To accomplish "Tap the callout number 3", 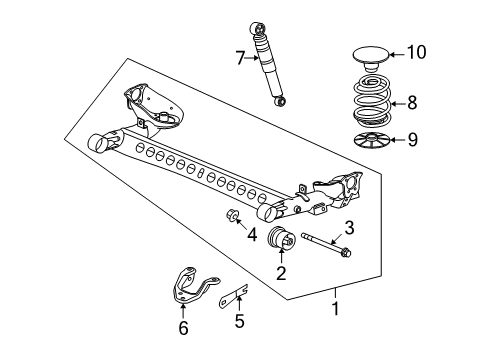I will (349, 227).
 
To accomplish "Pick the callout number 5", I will (238, 322).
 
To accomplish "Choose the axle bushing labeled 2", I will (283, 243).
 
